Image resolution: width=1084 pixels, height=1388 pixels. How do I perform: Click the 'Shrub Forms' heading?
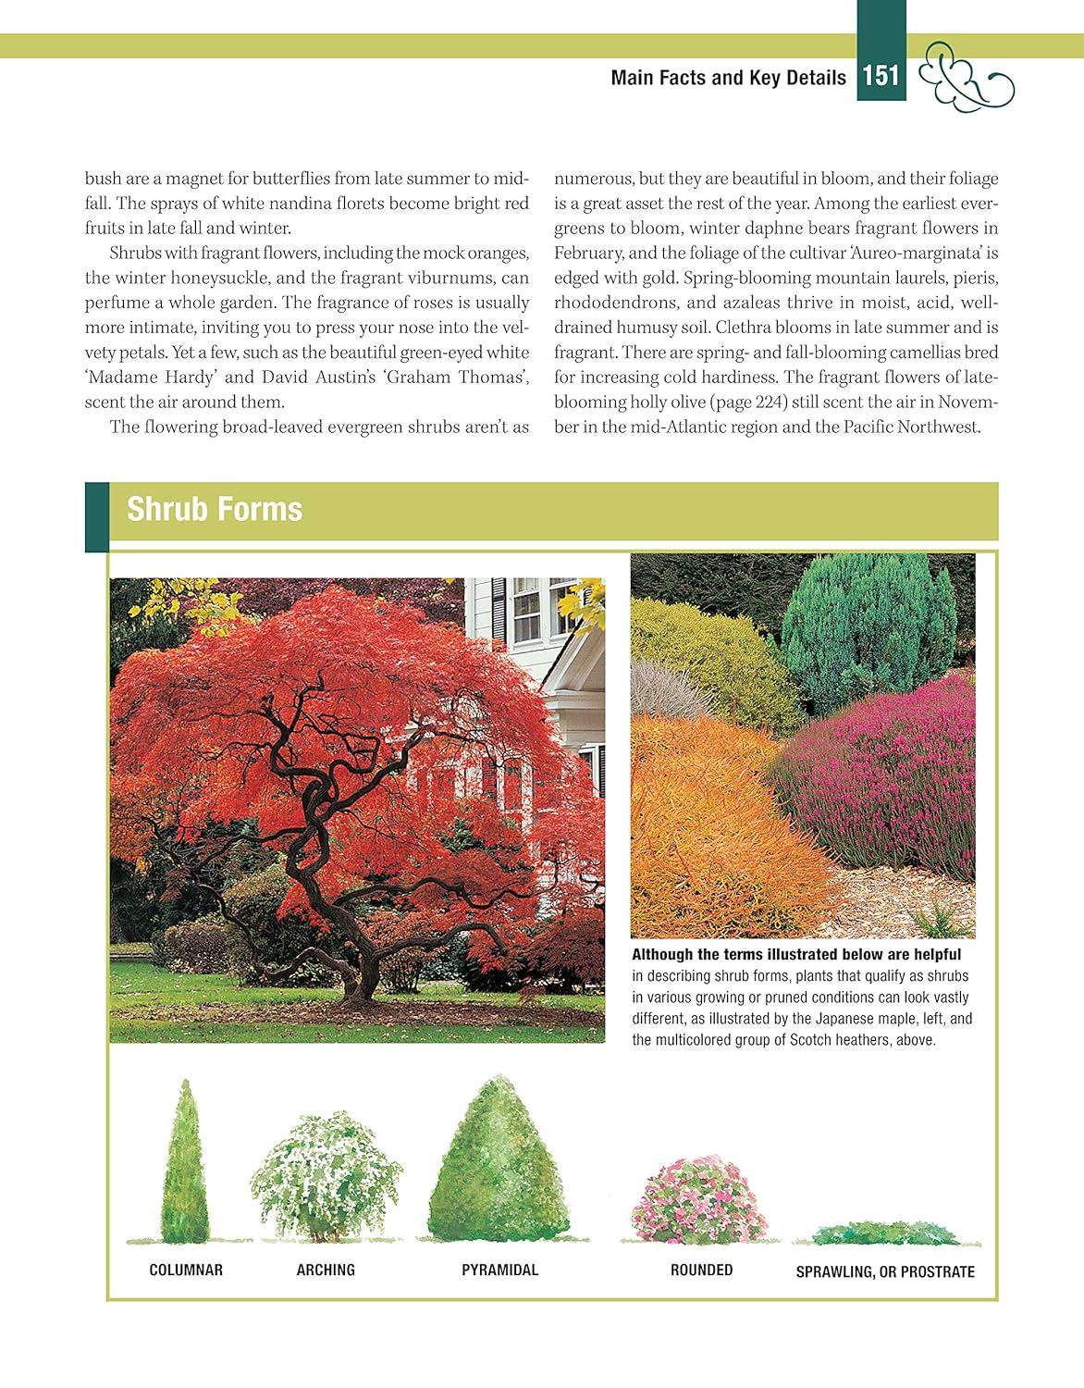pos(215,510)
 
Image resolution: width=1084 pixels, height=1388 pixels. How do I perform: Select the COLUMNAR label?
pos(186,1270)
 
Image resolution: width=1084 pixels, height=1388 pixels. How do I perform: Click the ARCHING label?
pos(326,1270)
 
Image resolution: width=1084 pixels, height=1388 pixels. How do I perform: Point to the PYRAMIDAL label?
pos(499,1270)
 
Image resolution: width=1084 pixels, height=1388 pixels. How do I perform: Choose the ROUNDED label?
pos(701,1270)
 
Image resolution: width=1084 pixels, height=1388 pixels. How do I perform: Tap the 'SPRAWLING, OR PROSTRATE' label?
pos(885,1271)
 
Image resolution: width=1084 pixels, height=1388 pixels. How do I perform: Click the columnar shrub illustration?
pos(186,1166)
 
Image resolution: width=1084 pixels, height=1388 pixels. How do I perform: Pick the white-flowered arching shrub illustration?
pos(326,1177)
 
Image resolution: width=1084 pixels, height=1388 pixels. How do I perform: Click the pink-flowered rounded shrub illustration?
pos(699,1200)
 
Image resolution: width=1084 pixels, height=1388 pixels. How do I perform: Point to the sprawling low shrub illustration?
pos(886,1233)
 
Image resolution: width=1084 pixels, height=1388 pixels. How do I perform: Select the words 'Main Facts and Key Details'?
pos(728,78)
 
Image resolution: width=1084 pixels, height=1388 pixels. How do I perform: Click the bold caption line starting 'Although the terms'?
pos(796,954)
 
